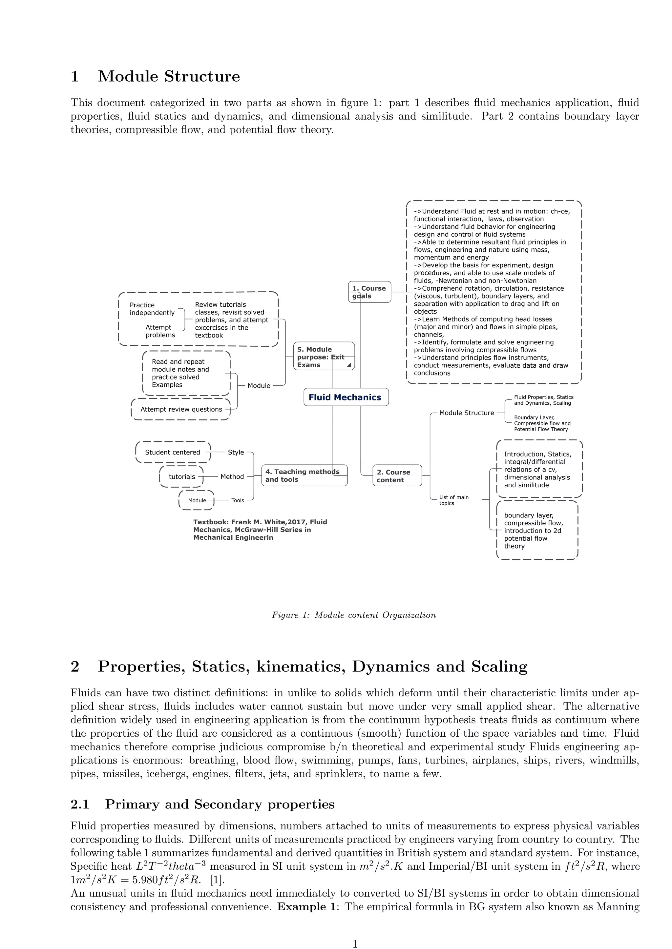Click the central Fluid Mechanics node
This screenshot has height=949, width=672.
click(x=346, y=397)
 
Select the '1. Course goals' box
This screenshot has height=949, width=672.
click(x=369, y=292)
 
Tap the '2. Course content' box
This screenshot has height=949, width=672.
click(x=397, y=476)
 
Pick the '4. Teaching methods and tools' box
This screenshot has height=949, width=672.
click(x=304, y=475)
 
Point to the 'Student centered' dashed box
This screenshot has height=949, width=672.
click(x=173, y=452)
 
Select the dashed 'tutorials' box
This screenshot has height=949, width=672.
click(x=182, y=476)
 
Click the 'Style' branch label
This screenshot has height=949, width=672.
click(x=236, y=452)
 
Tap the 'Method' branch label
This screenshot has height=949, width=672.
click(x=232, y=476)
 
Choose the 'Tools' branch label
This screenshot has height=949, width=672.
click(x=238, y=500)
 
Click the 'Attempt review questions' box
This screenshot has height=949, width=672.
click(x=181, y=409)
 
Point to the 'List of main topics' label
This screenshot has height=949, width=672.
click(x=453, y=500)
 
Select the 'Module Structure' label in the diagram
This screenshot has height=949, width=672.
click(x=466, y=413)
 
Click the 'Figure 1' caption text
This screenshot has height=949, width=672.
click(x=353, y=615)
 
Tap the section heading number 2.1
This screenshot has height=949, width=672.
click(x=80, y=804)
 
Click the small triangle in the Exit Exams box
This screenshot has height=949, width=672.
click(x=349, y=365)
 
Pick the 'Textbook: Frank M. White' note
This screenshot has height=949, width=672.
click(x=260, y=530)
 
